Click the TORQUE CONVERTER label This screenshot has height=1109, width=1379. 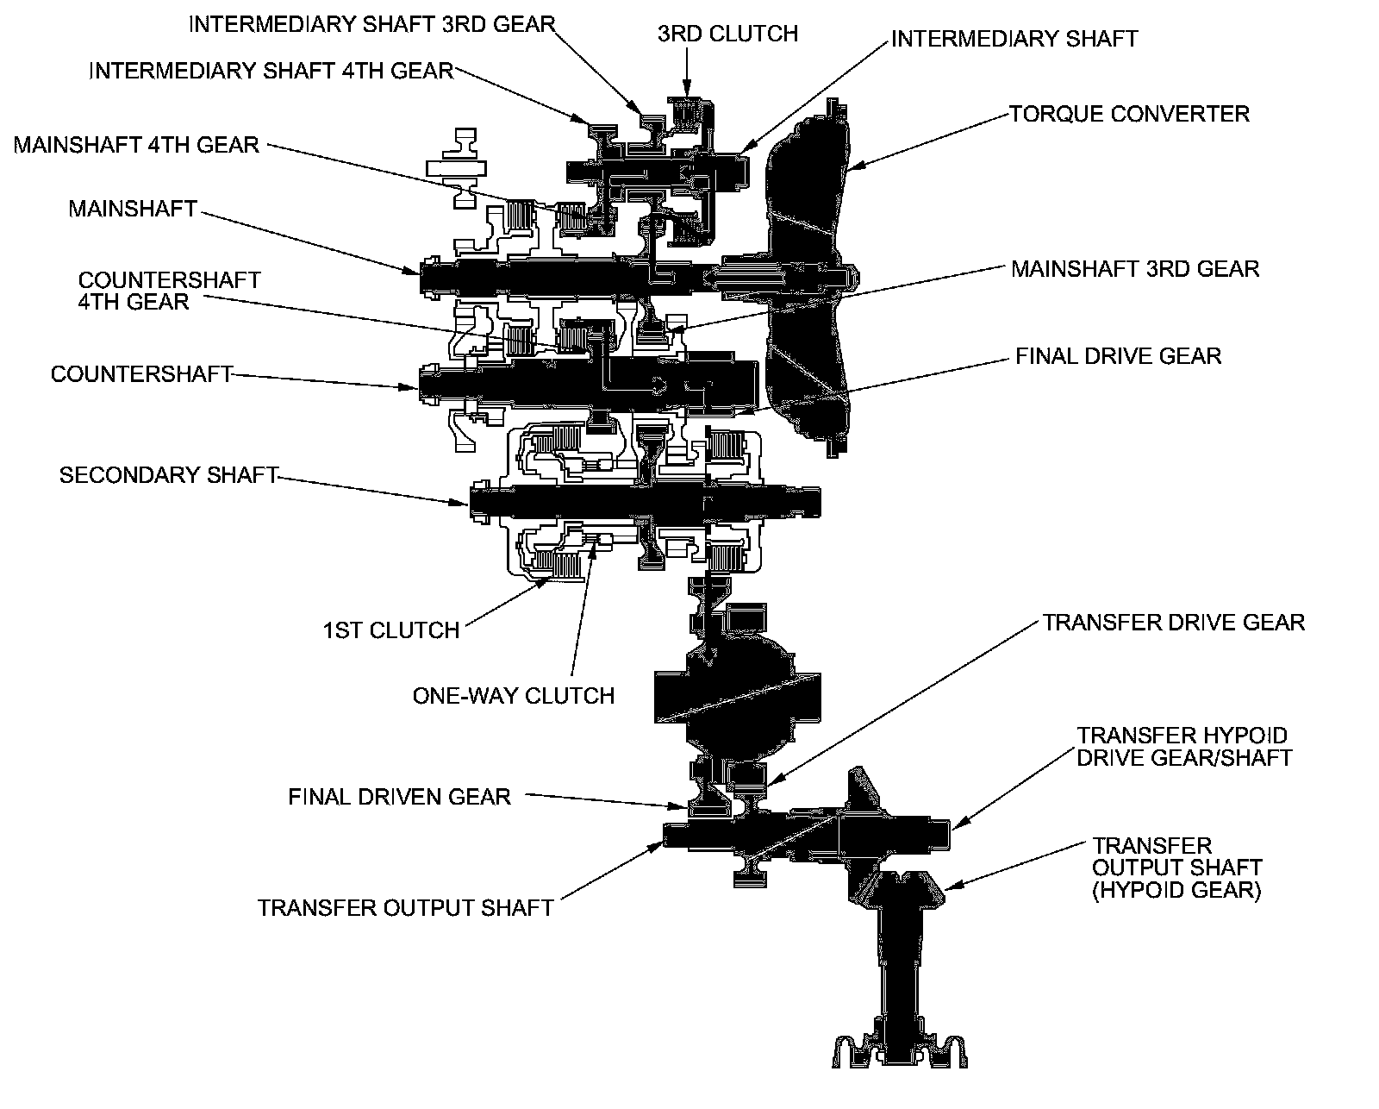1129,114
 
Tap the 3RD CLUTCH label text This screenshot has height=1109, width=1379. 727,34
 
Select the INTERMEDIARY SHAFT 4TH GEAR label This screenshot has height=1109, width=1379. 271,70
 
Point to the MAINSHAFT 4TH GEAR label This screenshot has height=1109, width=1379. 136,144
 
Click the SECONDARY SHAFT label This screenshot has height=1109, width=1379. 168,475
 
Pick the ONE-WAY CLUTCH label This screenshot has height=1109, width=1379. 514,695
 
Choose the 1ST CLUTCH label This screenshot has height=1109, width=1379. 391,630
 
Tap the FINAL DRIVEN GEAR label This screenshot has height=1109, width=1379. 399,797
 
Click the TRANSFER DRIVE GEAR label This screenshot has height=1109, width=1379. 1174,622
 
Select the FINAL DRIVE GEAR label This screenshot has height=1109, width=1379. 1118,356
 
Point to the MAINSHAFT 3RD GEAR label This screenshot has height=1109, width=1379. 1135,268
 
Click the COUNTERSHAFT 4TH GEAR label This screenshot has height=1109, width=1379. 169,291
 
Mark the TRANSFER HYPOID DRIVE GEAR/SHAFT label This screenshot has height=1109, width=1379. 1184,747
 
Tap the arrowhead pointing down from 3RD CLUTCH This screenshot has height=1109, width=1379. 687,89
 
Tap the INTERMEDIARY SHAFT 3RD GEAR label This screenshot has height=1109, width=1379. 371,23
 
